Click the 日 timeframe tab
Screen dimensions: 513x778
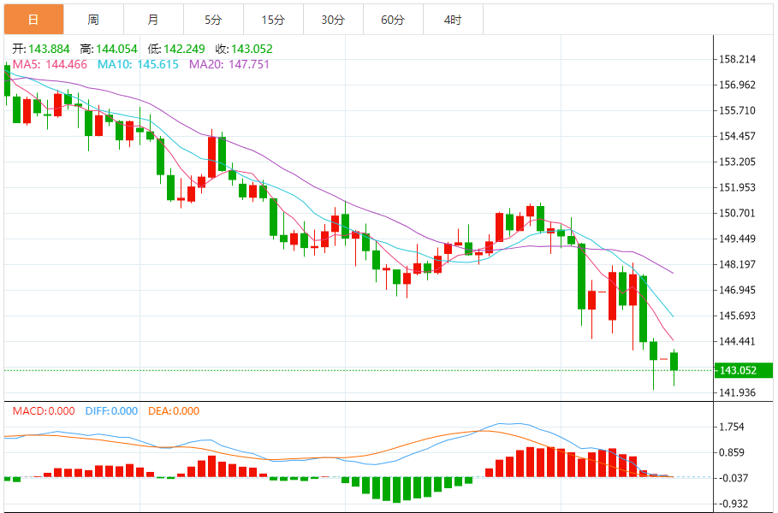coord(33,19)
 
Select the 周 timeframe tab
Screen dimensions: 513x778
coord(92,19)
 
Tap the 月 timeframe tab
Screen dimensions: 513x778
coord(152,19)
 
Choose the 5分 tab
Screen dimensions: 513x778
coord(213,19)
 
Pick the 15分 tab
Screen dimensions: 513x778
coord(273,19)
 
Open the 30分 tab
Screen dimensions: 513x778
coord(333,19)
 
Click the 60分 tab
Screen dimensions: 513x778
coord(393,19)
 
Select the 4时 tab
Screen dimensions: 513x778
coord(453,19)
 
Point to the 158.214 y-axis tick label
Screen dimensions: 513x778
coord(739,59)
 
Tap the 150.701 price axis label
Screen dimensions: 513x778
coord(739,213)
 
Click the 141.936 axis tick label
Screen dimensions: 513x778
coord(739,392)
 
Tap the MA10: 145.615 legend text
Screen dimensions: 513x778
coord(138,64)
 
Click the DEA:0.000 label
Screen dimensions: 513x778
coord(174,411)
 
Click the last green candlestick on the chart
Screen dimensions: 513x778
coord(674,361)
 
